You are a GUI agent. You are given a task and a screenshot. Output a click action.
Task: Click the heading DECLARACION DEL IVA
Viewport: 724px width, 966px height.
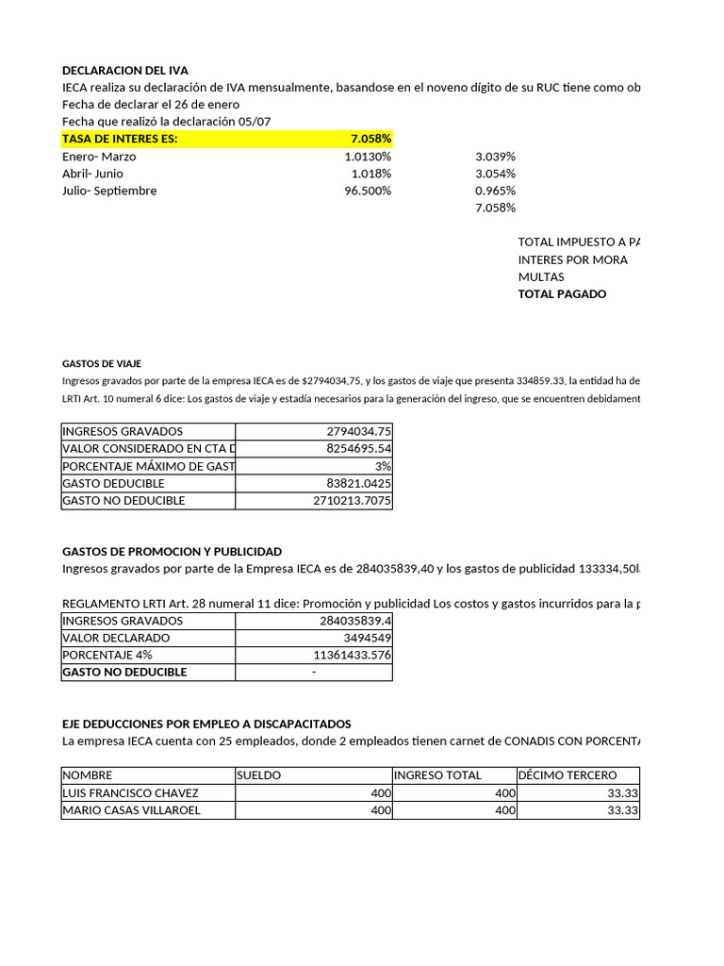pyautogui.click(x=125, y=70)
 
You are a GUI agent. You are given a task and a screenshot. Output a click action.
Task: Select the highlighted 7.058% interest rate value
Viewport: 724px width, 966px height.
pyautogui.click(x=370, y=139)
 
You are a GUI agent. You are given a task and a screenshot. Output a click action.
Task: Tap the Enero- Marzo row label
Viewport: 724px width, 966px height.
pyautogui.click(x=99, y=157)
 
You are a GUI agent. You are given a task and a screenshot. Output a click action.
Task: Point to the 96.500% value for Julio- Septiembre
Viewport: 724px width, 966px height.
pyautogui.click(x=368, y=191)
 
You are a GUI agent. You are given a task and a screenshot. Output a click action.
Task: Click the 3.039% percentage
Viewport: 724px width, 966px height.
pyautogui.click(x=495, y=157)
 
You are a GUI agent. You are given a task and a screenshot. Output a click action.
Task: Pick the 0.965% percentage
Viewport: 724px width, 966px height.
pyautogui.click(x=495, y=191)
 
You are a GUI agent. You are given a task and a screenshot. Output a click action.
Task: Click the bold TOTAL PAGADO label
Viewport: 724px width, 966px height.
pyautogui.click(x=562, y=293)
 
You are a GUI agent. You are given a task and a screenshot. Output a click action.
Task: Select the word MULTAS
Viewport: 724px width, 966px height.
pyautogui.click(x=541, y=276)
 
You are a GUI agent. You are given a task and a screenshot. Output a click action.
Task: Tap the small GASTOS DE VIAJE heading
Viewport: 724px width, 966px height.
pyautogui.click(x=102, y=363)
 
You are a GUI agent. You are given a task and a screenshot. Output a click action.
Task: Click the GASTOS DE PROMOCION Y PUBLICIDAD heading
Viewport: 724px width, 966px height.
pyautogui.click(x=172, y=551)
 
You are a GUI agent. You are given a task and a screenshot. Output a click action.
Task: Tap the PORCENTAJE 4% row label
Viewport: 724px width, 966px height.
pyautogui.click(x=107, y=655)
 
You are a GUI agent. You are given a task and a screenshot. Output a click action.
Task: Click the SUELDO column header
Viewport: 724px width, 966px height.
pyautogui.click(x=259, y=775)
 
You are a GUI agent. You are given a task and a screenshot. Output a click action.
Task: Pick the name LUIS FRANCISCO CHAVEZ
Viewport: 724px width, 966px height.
pyautogui.click(x=130, y=792)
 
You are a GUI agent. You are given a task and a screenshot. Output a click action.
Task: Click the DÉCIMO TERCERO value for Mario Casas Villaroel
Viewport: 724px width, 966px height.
pyautogui.click(x=622, y=809)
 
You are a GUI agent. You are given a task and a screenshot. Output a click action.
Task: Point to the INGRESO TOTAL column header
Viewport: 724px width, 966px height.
pyautogui.click(x=437, y=775)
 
